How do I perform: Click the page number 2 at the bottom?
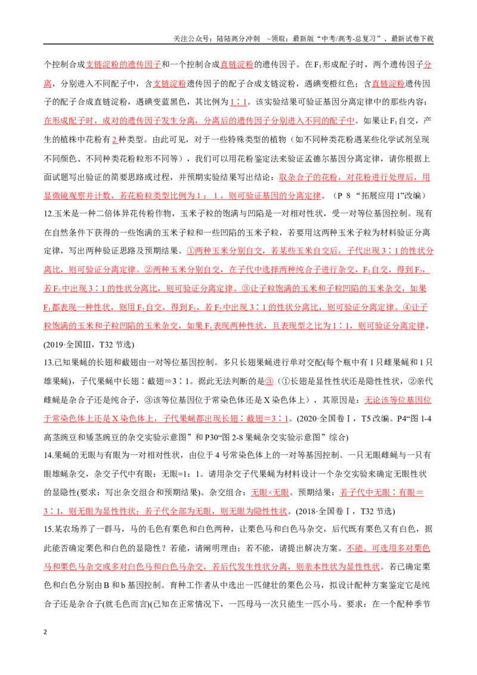click(x=45, y=632)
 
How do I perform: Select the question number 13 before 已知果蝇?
click(x=48, y=363)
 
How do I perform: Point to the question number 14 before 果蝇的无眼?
click(x=48, y=456)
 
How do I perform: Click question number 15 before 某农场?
click(x=48, y=530)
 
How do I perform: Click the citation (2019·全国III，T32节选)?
click(x=89, y=345)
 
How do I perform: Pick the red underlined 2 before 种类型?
click(x=114, y=140)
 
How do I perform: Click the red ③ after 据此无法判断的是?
click(x=269, y=381)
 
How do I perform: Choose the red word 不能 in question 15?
click(x=355, y=549)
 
